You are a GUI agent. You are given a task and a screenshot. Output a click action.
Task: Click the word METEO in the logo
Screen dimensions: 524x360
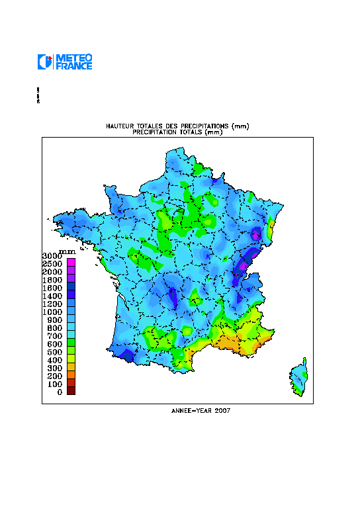click(74, 58)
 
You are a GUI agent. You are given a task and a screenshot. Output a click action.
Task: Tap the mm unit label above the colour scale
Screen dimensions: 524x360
click(67, 251)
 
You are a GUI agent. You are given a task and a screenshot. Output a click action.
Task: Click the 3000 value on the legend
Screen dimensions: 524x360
click(52, 256)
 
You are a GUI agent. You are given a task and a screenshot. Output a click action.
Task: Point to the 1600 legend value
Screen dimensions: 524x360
click(52, 288)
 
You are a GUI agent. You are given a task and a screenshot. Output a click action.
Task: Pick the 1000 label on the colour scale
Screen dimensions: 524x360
click(52, 312)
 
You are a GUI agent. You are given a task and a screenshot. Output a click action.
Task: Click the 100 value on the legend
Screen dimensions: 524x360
click(54, 384)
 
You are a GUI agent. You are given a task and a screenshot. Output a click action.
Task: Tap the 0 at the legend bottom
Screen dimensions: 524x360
click(60, 392)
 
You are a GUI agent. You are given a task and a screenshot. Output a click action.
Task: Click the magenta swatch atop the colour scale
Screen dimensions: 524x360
click(71, 263)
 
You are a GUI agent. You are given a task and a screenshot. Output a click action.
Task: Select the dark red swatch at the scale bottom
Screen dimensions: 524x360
click(71, 390)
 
